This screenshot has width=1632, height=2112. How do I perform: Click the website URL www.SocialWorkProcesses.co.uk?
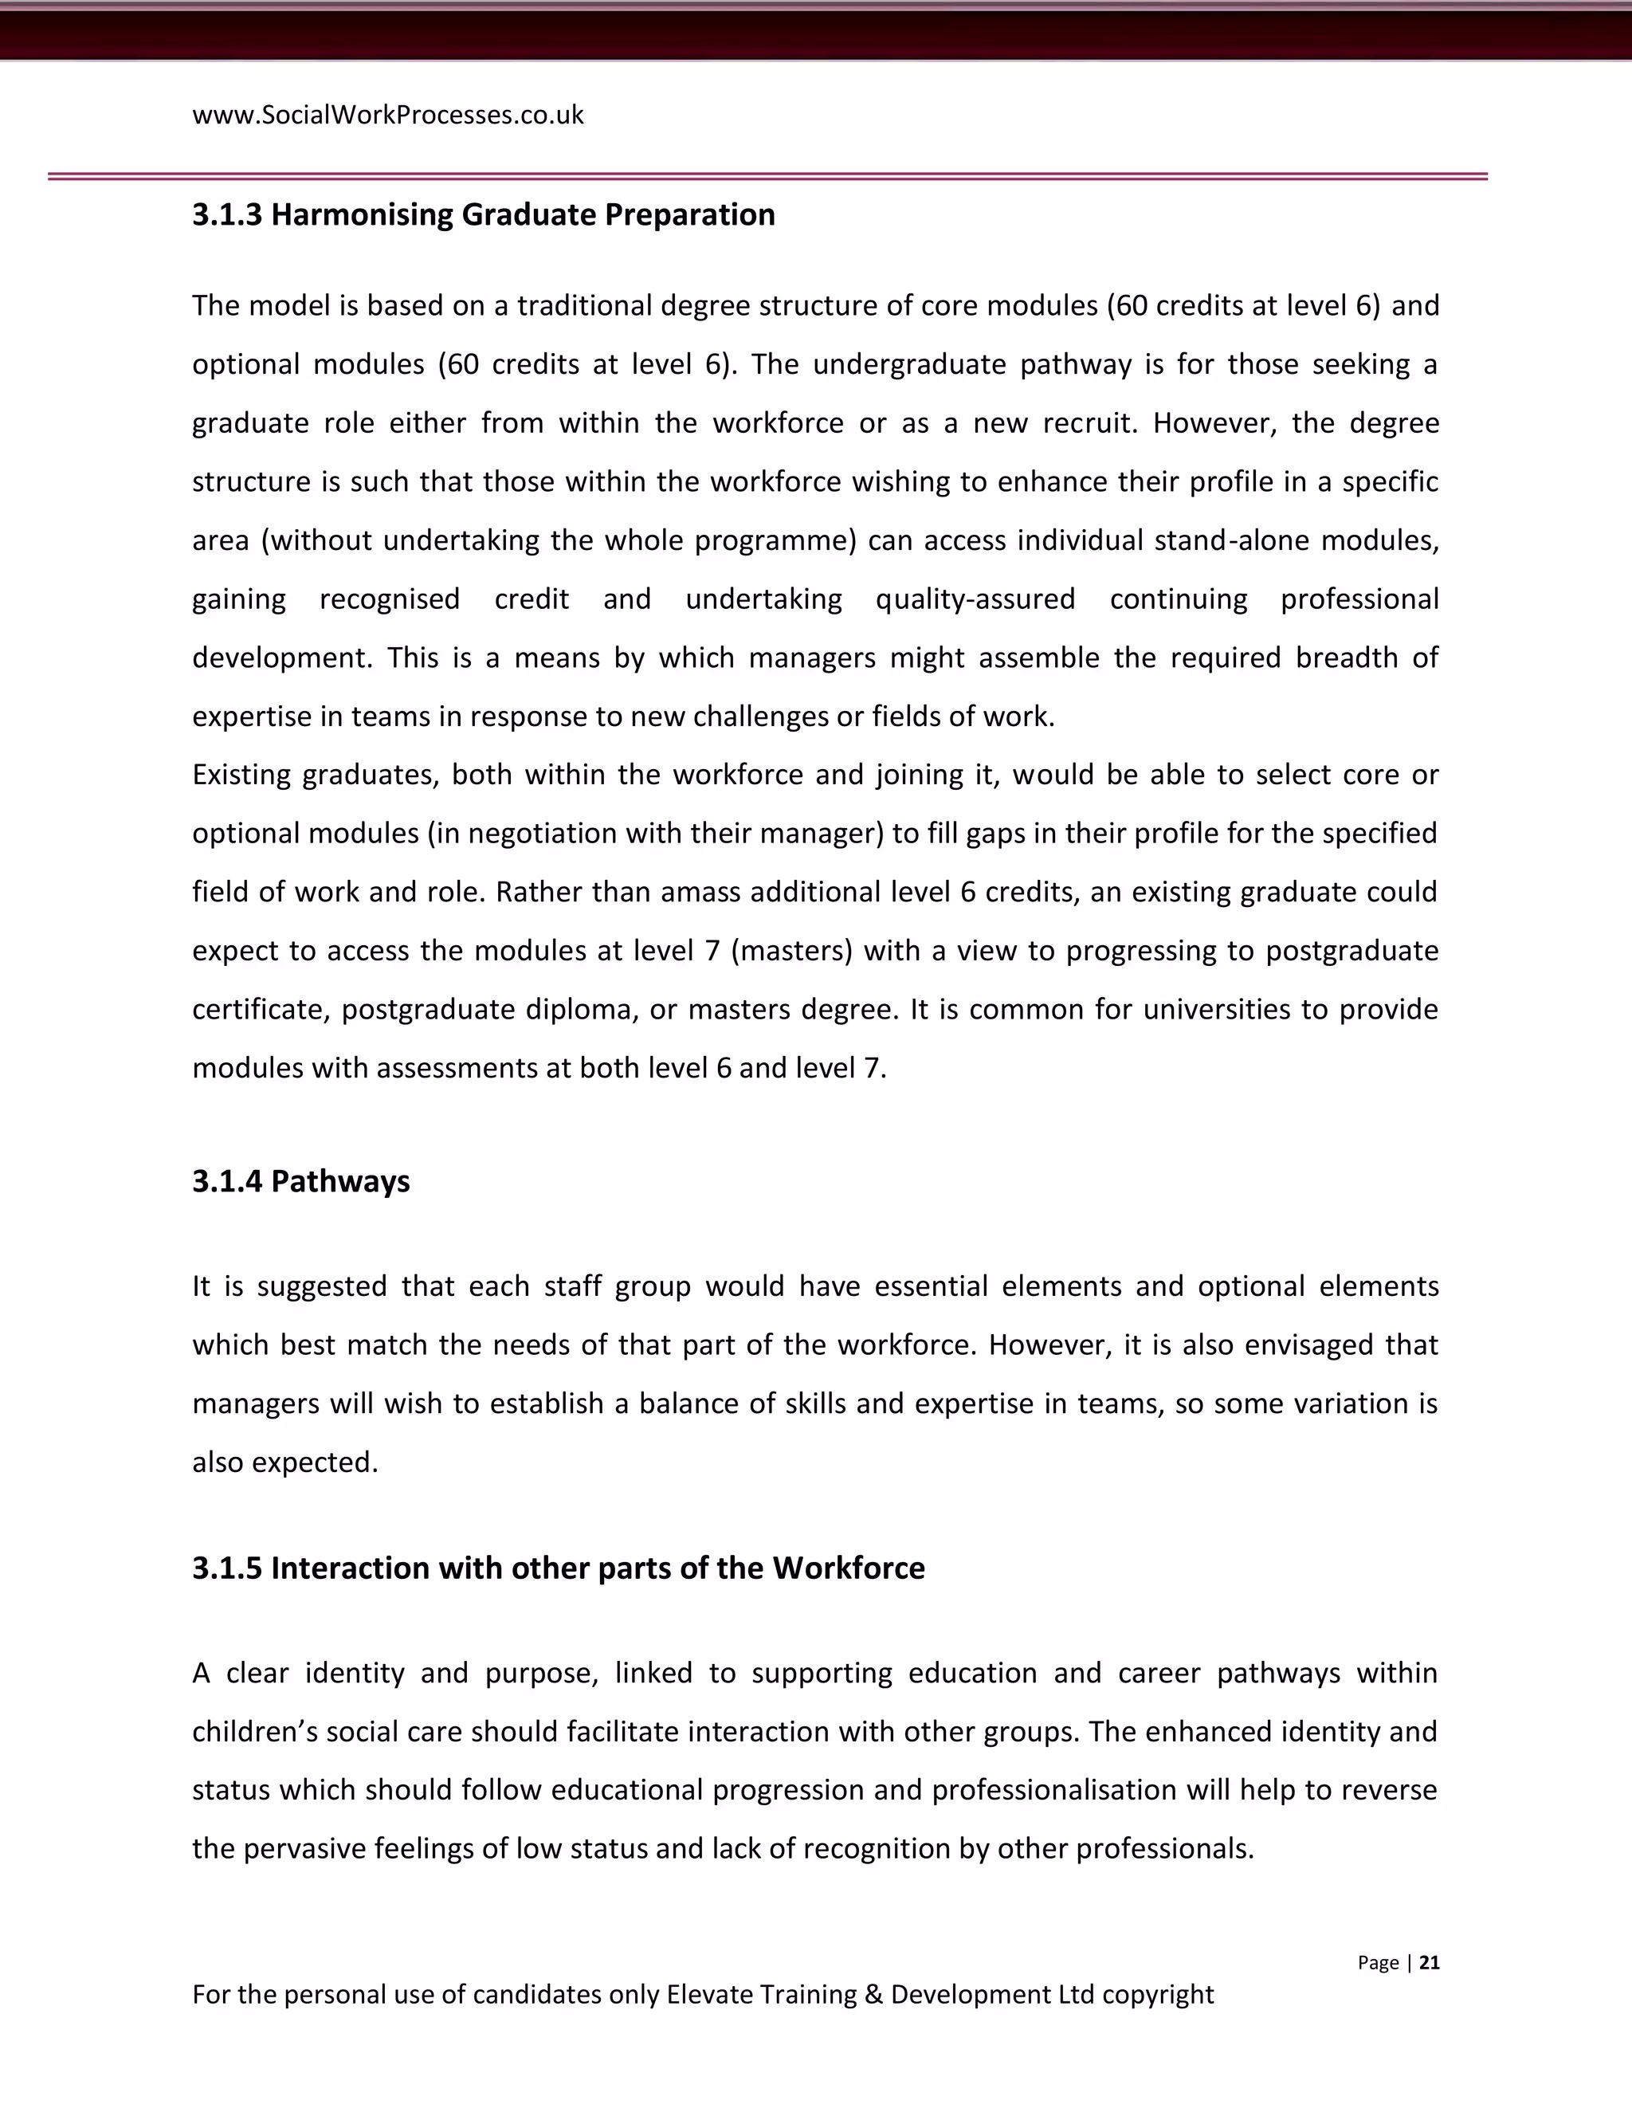tap(388, 115)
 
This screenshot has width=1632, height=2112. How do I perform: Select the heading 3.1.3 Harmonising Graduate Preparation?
tap(484, 214)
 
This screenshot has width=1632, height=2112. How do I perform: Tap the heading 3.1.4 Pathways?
tap(300, 1182)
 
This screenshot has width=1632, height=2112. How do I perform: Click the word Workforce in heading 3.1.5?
tap(848, 1568)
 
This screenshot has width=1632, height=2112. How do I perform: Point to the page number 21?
tap(1430, 1963)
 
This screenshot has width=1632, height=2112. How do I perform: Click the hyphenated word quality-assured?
tap(975, 599)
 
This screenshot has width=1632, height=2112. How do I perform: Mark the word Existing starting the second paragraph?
tap(241, 775)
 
